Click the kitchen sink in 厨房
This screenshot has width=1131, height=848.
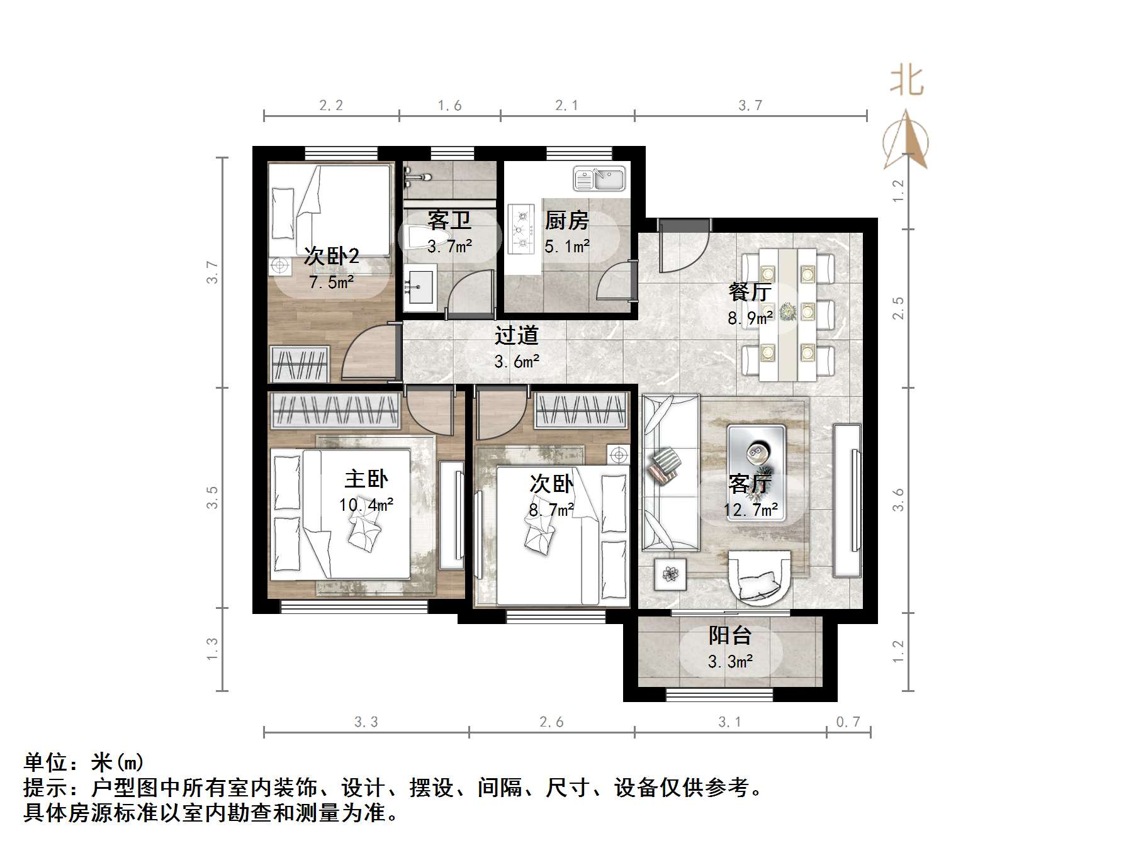[599, 178]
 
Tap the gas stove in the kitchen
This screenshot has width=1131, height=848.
[520, 229]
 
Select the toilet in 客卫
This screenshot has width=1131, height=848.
[423, 238]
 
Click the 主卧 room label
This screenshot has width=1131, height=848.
[366, 479]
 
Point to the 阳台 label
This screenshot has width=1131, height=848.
[730, 635]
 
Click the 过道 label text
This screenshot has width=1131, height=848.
[516, 335]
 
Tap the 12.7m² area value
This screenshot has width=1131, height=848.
[751, 510]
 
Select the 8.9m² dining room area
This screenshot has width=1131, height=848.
[750, 318]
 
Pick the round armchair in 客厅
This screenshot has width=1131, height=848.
[759, 576]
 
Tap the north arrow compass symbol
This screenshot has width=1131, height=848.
[906, 142]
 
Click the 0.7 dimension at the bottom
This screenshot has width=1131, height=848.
[848, 722]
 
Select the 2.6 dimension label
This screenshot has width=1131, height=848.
[551, 722]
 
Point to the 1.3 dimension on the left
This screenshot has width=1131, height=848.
[213, 649]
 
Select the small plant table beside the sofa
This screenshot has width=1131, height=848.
[670, 574]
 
